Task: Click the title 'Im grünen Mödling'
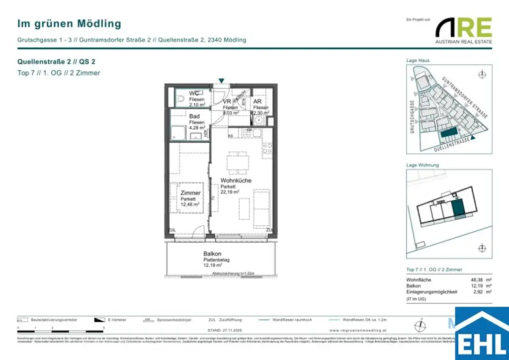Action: click(x=69, y=23)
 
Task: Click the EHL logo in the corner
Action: click(x=482, y=334)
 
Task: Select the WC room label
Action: click(x=194, y=93)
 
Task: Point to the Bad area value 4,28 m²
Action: click(x=197, y=128)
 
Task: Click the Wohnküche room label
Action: click(x=236, y=180)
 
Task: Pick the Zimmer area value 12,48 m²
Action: click(x=190, y=204)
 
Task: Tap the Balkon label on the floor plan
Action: click(x=212, y=254)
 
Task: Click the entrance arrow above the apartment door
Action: click(x=221, y=81)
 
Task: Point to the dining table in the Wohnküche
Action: click(x=237, y=162)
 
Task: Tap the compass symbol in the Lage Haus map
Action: click(x=481, y=75)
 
